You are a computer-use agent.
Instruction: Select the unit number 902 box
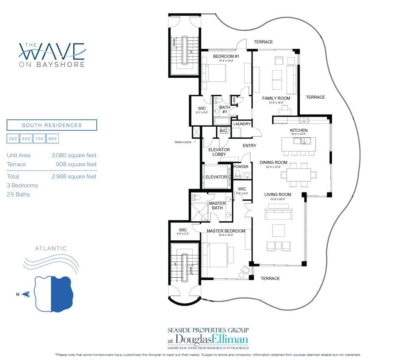point(53,139)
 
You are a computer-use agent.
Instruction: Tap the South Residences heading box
point(52,125)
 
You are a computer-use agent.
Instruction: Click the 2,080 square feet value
point(74,156)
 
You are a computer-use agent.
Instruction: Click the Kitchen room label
point(298,130)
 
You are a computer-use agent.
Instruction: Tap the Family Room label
point(276,98)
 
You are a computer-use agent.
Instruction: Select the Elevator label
point(216,177)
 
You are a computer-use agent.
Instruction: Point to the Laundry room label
point(242,124)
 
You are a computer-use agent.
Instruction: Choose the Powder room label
point(241,167)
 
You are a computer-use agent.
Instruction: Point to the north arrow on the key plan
point(26,294)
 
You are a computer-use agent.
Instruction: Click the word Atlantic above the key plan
point(51,249)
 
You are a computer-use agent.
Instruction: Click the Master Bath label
point(217,206)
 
